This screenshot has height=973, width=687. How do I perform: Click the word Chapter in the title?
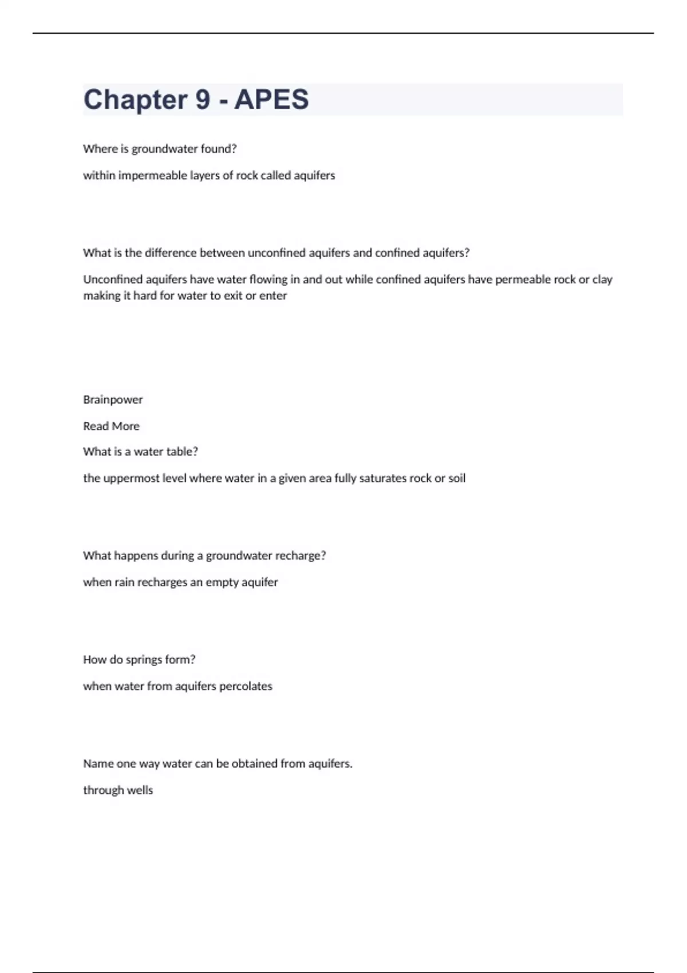135,100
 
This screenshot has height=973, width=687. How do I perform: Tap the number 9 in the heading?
203,100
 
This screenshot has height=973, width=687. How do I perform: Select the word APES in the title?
271,100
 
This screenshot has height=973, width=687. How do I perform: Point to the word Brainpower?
113,400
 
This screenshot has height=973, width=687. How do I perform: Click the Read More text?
111,426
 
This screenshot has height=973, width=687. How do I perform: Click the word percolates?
246,686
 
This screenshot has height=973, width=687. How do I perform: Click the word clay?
602,280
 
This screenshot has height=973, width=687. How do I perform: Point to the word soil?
456,478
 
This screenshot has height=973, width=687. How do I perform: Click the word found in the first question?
216,149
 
